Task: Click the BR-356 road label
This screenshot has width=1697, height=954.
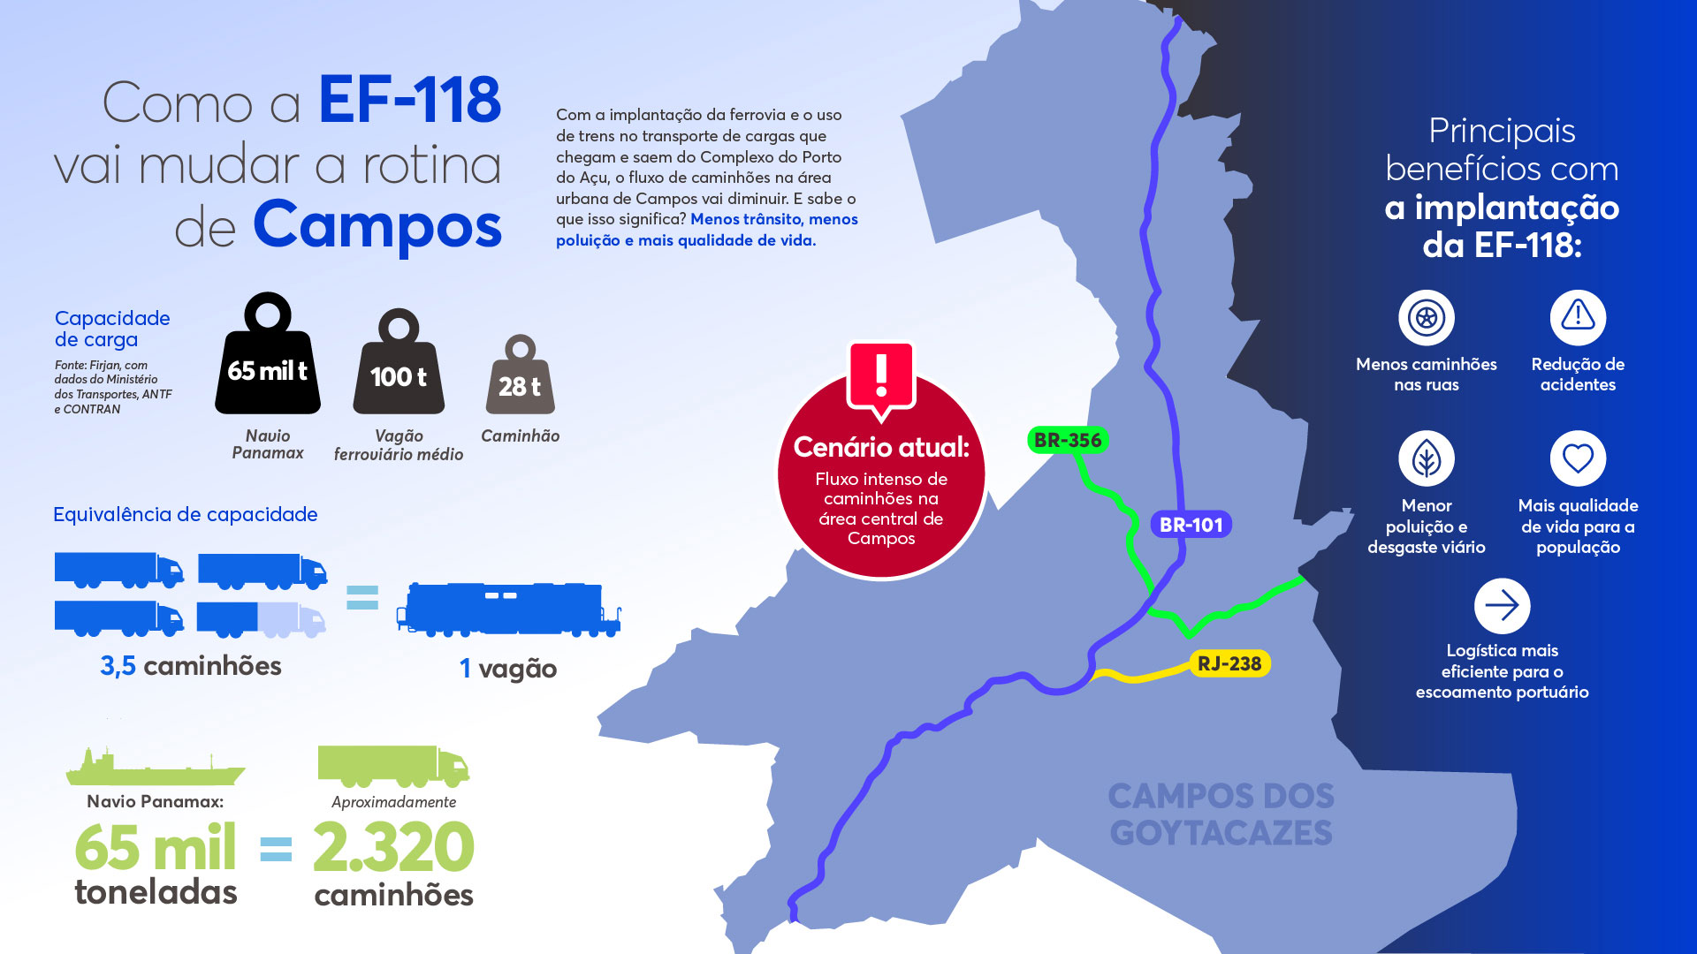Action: point(1068,440)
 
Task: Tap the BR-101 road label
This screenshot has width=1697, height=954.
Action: point(1191,525)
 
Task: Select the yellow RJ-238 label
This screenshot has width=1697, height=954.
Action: point(1229,663)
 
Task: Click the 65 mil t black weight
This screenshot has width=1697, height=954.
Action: point(267,362)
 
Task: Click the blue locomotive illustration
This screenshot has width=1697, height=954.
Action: point(509,609)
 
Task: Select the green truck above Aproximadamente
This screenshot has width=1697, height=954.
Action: point(393,766)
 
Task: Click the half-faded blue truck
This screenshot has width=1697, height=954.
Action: point(261,619)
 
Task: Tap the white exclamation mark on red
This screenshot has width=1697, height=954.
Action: point(881,375)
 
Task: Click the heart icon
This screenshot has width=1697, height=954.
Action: point(1578,458)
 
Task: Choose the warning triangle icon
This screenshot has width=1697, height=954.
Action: point(1578,316)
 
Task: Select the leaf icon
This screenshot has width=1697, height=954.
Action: point(1426,458)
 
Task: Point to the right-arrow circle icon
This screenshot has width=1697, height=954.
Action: point(1502,606)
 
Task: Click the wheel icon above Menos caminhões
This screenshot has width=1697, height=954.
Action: point(1426,317)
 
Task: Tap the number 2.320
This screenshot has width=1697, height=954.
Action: point(393,848)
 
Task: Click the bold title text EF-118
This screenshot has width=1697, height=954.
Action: point(409,100)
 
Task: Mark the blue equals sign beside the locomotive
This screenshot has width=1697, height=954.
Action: point(362,598)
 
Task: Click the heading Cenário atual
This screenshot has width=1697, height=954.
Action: point(881,447)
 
